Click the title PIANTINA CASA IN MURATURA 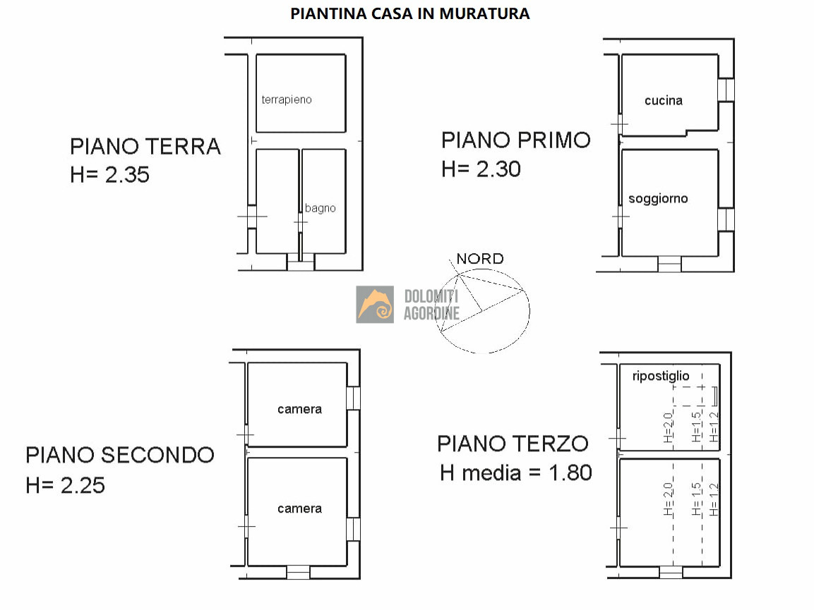pos(410,13)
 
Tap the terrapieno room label pos(287,99)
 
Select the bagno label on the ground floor pos(320,208)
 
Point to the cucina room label pos(664,101)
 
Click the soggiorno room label pos(658,199)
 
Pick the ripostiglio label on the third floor pos(660,376)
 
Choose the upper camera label pos(299,409)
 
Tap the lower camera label pos(299,509)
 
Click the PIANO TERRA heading pos(145,147)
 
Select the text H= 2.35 pos(109,175)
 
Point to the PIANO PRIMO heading pos(516,140)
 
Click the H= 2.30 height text pos(481,169)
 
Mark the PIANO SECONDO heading pos(120,456)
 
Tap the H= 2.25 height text pos(66,485)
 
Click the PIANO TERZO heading pos(513,444)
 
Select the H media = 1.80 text pos(515,473)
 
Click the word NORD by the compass pos(480,259)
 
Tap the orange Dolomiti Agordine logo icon pos(375,305)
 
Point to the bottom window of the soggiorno pos(669,264)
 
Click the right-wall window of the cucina pos(726,90)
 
